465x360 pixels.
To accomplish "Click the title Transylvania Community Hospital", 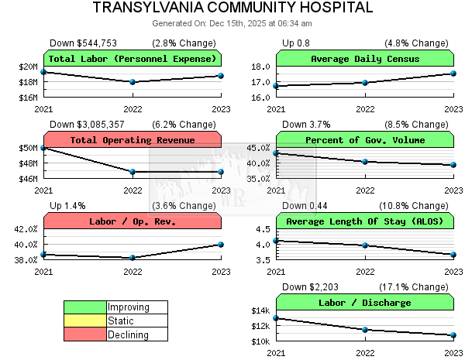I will tap(232, 8).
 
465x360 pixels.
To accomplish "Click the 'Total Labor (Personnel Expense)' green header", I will tap(133, 59).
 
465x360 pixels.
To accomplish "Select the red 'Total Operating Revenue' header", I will tap(133, 140).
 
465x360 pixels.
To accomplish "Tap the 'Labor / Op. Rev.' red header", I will tap(133, 221).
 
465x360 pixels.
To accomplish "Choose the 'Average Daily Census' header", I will tap(365, 59).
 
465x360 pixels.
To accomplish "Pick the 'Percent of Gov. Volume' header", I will tap(365, 140).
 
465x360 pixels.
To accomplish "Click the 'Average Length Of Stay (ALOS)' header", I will tap(365, 221).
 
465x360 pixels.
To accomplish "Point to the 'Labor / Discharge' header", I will tap(365, 303).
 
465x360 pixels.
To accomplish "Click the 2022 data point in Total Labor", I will tap(133, 81).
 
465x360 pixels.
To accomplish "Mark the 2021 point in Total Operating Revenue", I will tap(44, 147).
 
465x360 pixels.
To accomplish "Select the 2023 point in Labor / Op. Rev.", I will tap(221, 245).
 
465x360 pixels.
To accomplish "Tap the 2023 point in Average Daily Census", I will tap(453, 74).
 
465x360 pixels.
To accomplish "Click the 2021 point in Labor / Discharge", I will tap(277, 318).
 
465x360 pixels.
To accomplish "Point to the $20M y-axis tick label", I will tap(27, 67).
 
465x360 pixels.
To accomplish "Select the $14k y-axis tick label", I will tap(258, 311).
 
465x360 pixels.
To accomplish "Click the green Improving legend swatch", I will tap(85, 307).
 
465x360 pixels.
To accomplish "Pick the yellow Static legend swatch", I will tap(85, 321).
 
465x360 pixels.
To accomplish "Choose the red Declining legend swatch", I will tap(85, 334).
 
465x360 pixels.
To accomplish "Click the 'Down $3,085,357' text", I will tap(83, 124).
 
